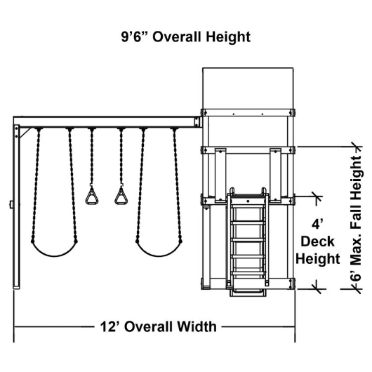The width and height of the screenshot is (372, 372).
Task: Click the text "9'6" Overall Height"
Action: [x=186, y=37]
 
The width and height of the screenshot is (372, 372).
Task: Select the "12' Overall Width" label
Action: [x=158, y=326]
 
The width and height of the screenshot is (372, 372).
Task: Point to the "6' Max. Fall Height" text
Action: [x=356, y=218]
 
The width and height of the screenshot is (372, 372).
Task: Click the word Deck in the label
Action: [x=317, y=241]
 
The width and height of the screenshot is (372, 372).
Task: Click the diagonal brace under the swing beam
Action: [x=25, y=133]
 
